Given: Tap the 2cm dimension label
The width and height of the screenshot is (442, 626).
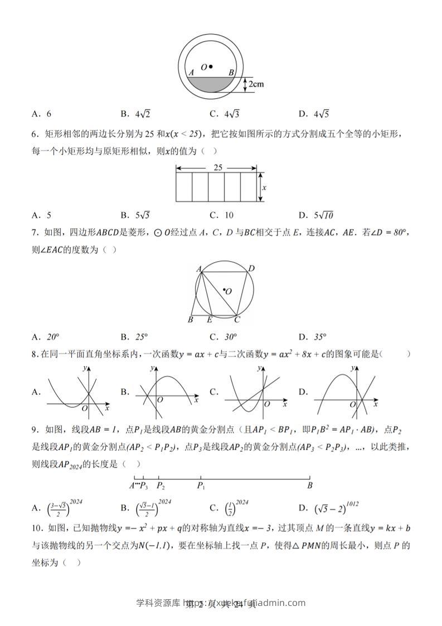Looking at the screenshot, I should [x=256, y=84].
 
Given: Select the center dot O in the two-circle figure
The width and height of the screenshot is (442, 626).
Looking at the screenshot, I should [x=211, y=67].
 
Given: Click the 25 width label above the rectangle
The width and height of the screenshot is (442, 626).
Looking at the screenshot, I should [x=217, y=167].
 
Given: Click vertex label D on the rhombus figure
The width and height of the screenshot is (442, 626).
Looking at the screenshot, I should [x=251, y=269].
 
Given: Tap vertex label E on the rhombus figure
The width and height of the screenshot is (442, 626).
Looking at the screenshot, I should [x=210, y=320].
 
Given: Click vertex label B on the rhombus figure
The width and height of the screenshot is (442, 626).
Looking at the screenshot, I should [x=191, y=320].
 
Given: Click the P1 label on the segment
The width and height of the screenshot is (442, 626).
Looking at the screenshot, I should [x=201, y=486].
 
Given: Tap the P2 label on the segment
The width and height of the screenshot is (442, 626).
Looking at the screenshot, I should [x=161, y=486].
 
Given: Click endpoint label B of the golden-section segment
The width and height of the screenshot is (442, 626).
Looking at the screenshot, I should [x=310, y=486].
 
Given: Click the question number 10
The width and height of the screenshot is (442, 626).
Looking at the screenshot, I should [x=37, y=528].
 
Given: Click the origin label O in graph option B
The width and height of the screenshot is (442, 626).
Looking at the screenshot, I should [x=160, y=400].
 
